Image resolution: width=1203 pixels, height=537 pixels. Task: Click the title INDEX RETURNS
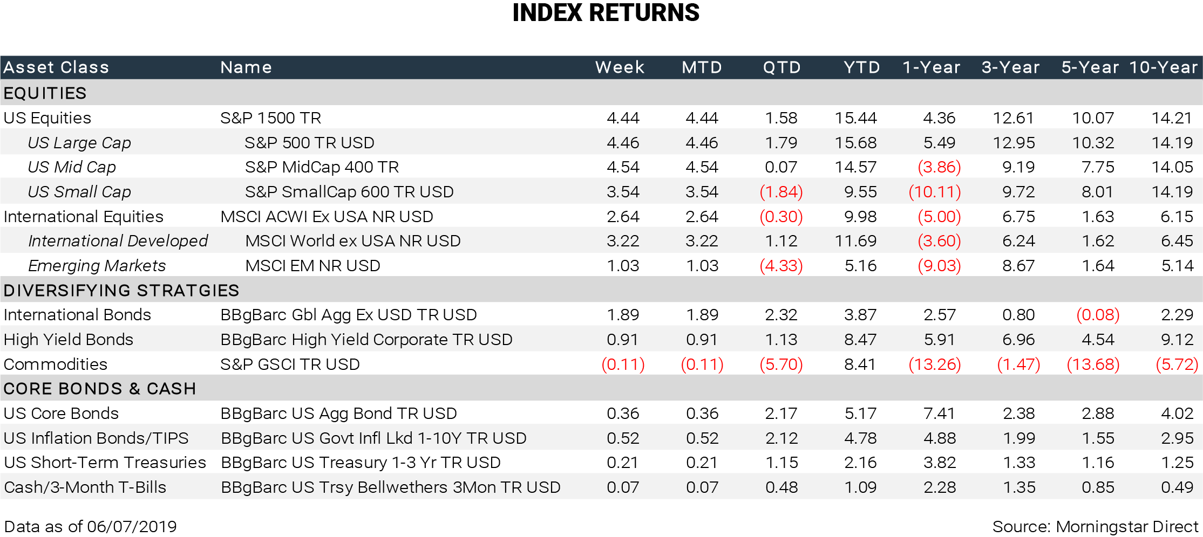606,13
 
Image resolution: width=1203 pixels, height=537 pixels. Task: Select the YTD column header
861,67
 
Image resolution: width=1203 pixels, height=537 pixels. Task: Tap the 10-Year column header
1163,67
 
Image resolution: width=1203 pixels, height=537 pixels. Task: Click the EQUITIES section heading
45,93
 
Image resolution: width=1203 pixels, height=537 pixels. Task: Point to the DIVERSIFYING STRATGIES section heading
121,291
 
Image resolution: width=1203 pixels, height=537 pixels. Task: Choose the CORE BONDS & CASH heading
99,389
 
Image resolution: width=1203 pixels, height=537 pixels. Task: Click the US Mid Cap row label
72,167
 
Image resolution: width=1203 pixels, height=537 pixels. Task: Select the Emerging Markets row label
97,266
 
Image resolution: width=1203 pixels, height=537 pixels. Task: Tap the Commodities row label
55,364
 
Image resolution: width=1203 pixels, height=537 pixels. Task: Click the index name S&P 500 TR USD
309,143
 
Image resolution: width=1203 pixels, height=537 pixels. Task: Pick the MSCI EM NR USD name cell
312,266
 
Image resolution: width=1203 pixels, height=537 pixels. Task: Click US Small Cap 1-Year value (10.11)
935,192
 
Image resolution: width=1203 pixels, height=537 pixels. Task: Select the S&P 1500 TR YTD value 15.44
855,118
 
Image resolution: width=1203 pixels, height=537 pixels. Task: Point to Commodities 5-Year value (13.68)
1093,364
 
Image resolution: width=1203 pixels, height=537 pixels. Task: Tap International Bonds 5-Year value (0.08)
1098,315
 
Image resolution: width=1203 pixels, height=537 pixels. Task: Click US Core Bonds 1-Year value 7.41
940,414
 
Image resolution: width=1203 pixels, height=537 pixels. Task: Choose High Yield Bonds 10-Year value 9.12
1177,340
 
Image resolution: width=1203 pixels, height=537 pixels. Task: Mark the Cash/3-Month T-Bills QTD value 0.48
781,487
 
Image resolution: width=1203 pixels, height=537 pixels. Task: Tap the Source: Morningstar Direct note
1095,527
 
